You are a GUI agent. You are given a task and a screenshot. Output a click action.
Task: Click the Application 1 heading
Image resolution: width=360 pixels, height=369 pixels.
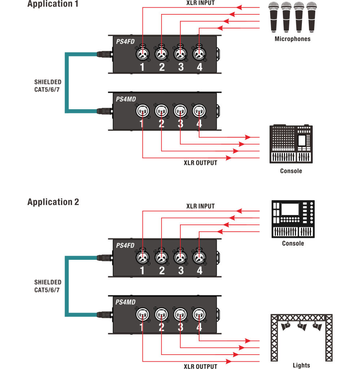[53, 4]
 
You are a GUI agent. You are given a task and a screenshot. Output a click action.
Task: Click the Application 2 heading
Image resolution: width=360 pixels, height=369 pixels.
[53, 202]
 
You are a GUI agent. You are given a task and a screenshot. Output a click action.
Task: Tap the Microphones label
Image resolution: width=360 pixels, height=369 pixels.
[293, 39]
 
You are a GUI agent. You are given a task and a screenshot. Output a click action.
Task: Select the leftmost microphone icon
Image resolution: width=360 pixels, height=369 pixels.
[273, 17]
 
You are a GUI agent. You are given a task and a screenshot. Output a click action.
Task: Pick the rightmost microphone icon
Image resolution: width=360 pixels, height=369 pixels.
[311, 17]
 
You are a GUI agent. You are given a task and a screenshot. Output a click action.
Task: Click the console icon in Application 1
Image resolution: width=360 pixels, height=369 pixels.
[291, 144]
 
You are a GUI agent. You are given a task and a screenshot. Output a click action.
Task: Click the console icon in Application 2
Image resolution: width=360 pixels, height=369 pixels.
[293, 219]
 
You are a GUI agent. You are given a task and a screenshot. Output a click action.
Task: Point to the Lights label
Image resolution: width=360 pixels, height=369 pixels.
[301, 365]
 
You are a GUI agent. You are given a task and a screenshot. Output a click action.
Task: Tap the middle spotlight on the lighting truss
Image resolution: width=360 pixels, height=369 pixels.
[302, 326]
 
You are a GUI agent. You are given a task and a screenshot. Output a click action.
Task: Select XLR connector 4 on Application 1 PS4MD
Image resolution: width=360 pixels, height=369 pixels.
[199, 111]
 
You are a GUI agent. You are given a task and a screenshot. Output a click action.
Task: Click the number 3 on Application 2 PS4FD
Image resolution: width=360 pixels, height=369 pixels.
[181, 271]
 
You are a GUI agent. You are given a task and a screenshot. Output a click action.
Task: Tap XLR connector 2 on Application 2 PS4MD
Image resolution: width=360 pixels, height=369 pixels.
[161, 314]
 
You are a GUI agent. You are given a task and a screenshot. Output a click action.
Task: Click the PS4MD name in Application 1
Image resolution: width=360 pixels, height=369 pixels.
[126, 99]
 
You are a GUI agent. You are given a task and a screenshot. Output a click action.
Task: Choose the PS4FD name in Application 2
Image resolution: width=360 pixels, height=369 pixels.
[125, 245]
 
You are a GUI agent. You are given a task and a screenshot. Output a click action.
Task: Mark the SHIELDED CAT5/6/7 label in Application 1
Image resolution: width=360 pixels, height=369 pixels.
[48, 86]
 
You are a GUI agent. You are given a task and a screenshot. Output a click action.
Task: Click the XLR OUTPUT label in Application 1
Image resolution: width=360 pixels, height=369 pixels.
[201, 163]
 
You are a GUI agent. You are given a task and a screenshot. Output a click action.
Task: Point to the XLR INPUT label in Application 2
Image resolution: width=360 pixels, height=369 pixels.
[201, 206]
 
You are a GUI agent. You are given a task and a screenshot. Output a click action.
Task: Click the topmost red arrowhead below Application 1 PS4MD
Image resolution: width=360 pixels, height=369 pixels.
[248, 137]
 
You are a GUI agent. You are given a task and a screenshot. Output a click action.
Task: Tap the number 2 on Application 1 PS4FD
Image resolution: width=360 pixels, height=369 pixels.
[162, 67]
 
